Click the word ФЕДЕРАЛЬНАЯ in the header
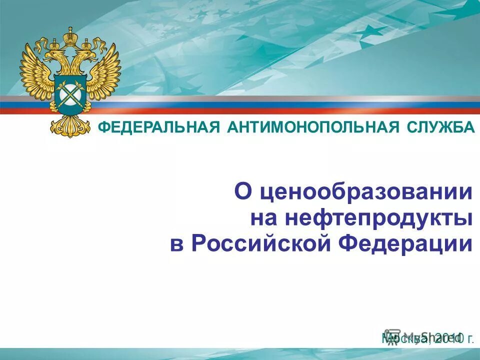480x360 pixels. coord(158,127)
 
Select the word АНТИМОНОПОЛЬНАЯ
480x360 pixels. coord(310,127)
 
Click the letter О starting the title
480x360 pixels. coord(243,192)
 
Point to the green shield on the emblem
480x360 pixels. coord(70,91)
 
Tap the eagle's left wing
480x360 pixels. coord(36,72)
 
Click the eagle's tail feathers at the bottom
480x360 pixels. coord(70,125)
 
